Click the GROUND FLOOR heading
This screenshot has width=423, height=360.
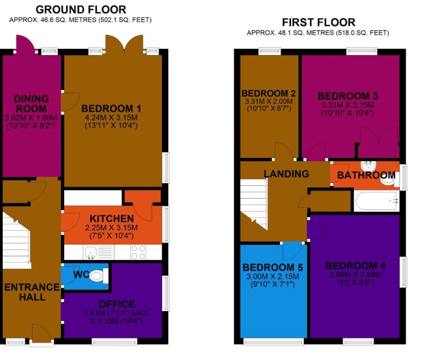(x=81, y=9)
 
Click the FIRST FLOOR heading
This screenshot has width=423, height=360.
(x=318, y=22)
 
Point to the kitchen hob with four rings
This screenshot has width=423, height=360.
(x=139, y=252)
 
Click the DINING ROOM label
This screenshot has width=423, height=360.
(x=31, y=103)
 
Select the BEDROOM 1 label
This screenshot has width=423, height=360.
(x=111, y=108)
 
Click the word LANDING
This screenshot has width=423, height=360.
(x=286, y=174)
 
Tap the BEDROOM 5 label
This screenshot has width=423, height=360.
(x=272, y=267)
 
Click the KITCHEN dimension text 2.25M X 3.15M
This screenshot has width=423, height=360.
(x=112, y=228)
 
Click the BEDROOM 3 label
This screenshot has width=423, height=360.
(x=348, y=96)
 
